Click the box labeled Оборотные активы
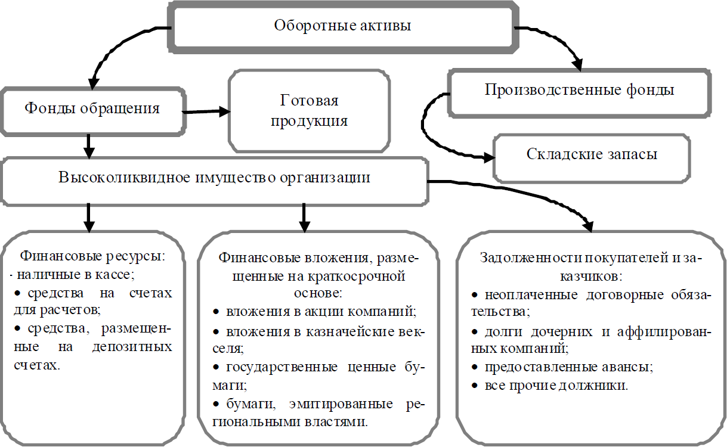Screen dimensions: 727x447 coord(343,27)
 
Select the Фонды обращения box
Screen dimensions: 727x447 coord(93,111)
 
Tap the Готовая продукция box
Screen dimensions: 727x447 coord(309,111)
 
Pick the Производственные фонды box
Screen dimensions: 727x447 coord(579,94)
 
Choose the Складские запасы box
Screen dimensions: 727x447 coord(592,159)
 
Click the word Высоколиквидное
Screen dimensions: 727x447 coord(124,178)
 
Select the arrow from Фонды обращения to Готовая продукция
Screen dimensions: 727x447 coord(206,111)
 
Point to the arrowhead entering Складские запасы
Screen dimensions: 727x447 coord(490,158)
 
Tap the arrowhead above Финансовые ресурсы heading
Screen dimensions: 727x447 coord(89,226)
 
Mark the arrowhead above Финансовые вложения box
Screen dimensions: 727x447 coord(304,226)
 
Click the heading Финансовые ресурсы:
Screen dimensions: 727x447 coord(93,256)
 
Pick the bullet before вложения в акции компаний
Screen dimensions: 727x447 coord(216,312)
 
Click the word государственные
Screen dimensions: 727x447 coord(281,368)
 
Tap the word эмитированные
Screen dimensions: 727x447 coord(341,404)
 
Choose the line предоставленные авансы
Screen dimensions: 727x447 coord(569,367)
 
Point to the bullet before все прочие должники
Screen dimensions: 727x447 coord(475,386)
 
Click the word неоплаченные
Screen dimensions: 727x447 coord(531,295)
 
